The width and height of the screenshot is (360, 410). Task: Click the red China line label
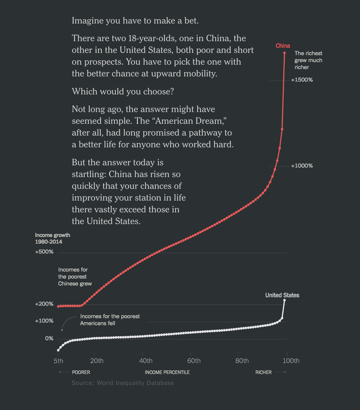pos(283,46)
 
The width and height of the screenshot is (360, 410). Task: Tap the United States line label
pos(282,295)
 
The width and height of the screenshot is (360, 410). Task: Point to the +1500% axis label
pos(302,80)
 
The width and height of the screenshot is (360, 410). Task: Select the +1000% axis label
pos(302,166)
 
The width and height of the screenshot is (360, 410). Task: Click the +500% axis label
pos(44,252)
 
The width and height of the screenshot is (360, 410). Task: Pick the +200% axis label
pos(44,304)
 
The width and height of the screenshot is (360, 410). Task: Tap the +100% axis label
pos(44,321)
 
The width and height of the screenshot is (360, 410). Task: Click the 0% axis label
pos(49,338)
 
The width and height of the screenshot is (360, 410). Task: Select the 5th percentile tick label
pos(58,361)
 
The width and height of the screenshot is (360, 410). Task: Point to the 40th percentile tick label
pos(146,361)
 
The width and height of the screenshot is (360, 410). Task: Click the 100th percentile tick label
pos(291,361)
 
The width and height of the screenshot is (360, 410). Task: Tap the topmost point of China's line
pos(285,53)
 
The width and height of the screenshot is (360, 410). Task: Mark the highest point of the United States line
pos(284,301)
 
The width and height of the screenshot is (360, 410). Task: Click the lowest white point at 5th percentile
pos(58,350)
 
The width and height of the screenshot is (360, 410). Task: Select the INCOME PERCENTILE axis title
pos(167,373)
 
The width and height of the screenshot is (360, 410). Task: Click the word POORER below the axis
pos(81,373)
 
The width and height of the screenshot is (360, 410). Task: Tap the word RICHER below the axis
pos(263,373)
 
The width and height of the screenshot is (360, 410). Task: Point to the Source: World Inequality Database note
pos(123,383)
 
